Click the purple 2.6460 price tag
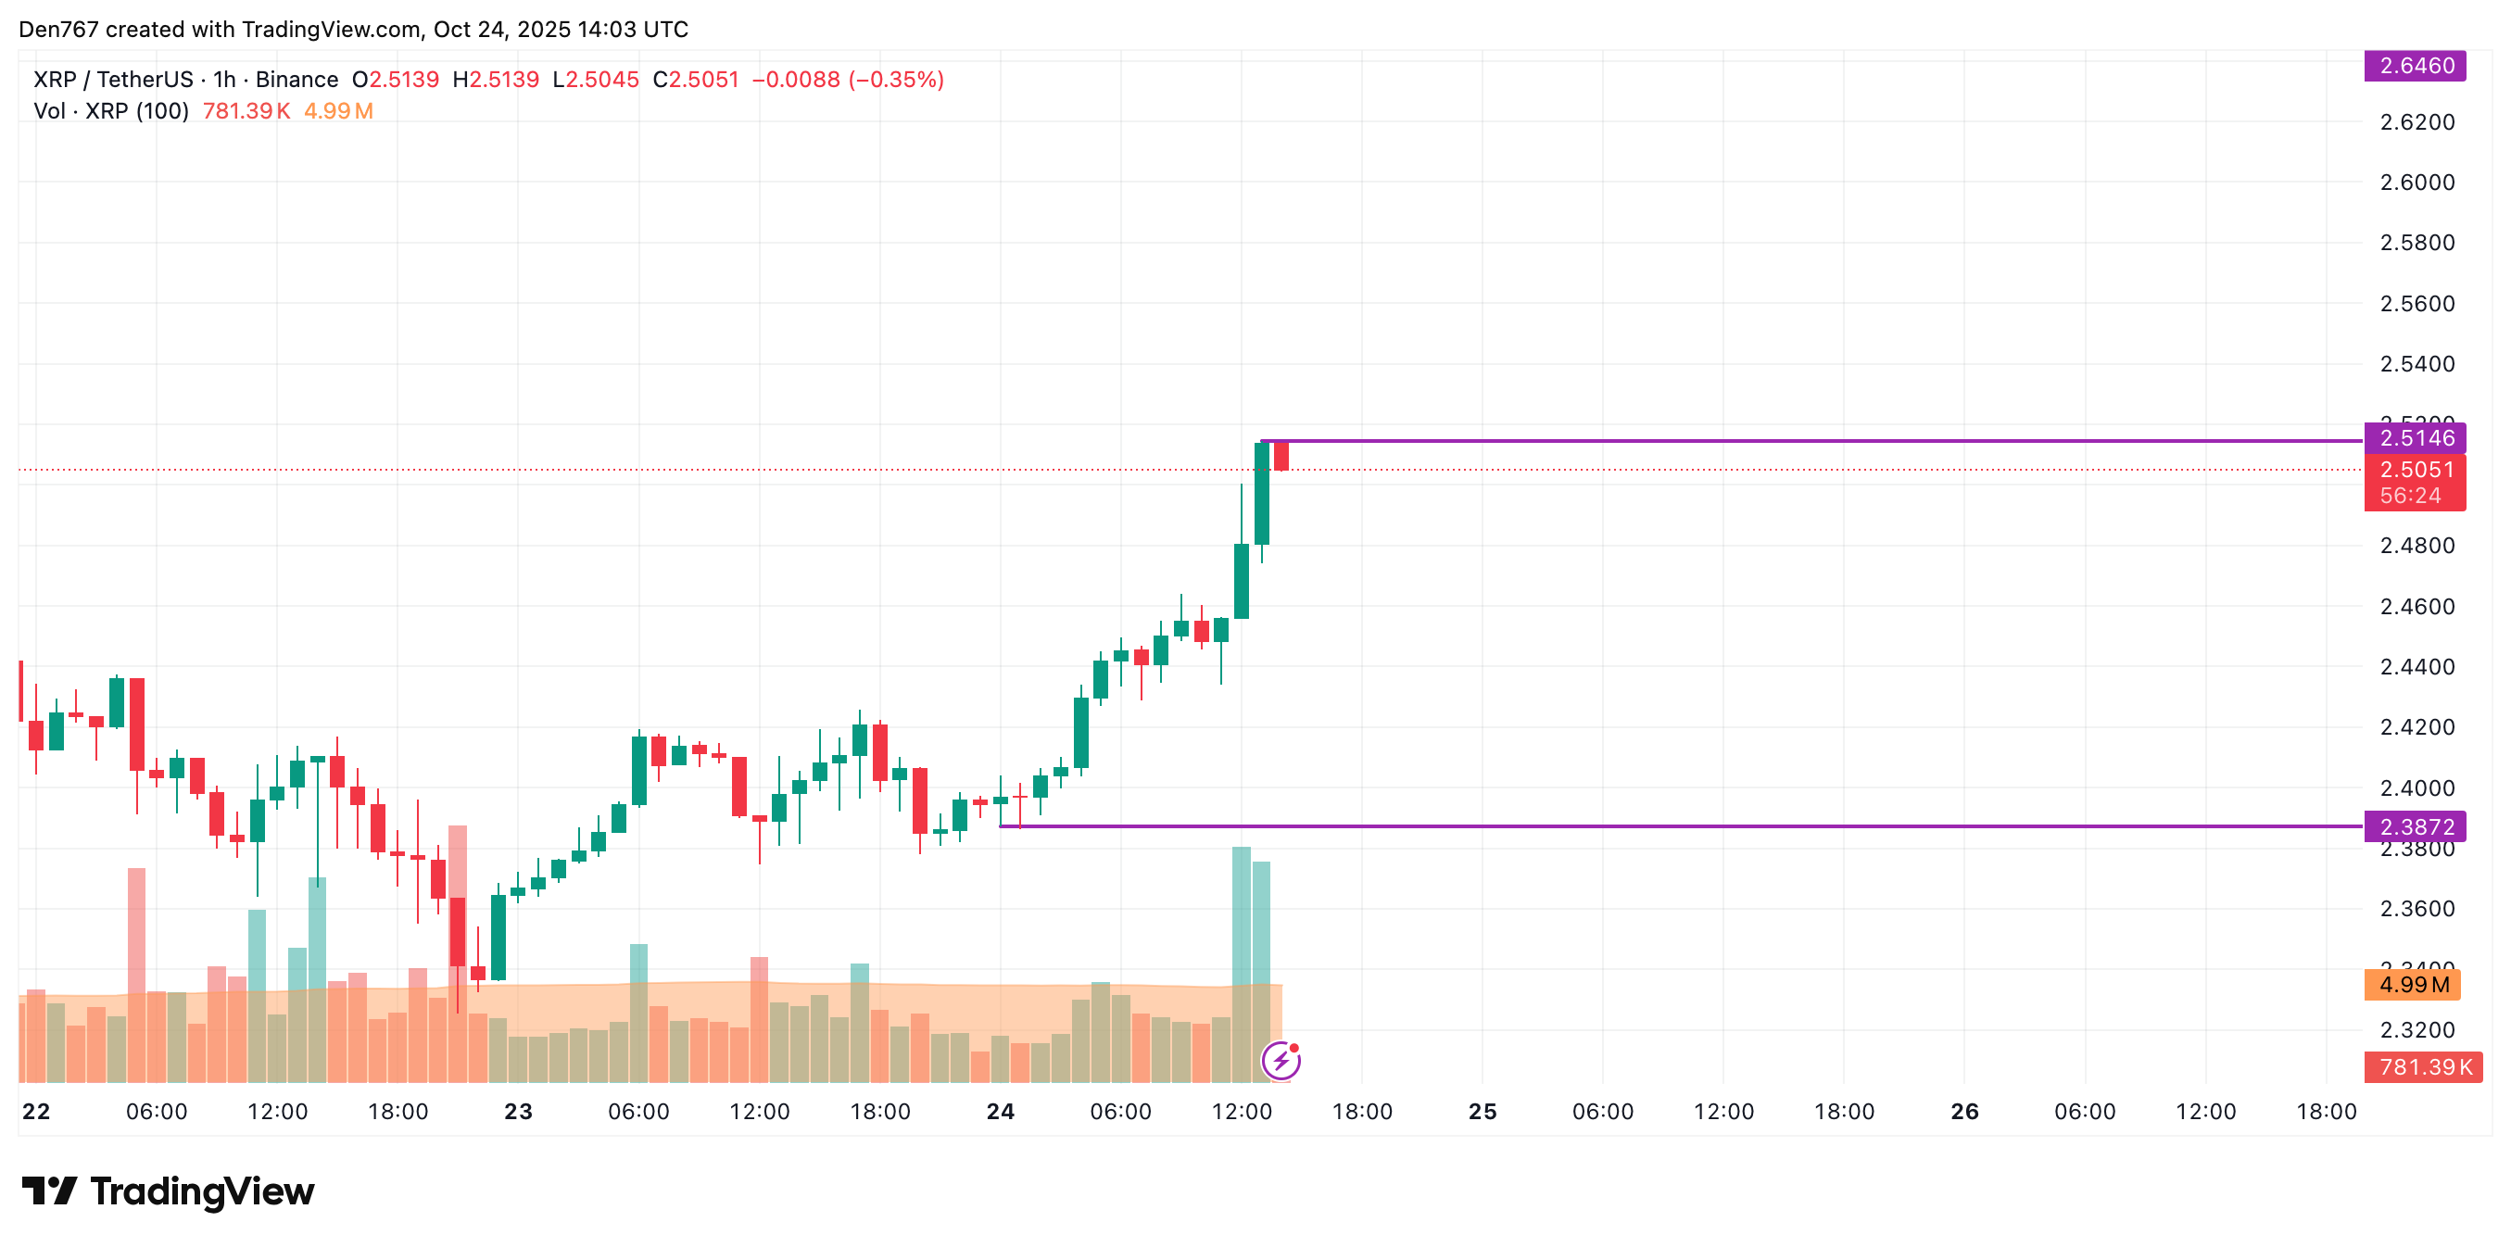coord(2415,66)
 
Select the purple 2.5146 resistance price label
coord(2415,438)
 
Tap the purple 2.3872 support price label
coord(2415,826)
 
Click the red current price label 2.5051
coord(2415,470)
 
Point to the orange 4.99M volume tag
coord(2413,985)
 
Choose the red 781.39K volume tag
coord(2423,1066)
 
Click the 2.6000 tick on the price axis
coord(2416,183)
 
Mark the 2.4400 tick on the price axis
coord(2416,667)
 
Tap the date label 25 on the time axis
coord(1482,1112)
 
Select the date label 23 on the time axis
coord(519,1112)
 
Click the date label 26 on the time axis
coord(1964,1112)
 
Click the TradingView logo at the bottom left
coord(169,1191)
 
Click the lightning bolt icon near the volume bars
coord(1281,1061)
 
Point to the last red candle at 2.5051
coord(1281,457)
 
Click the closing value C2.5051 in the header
coord(696,80)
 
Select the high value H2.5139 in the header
coord(495,80)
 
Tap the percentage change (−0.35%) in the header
coord(896,80)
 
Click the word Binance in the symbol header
coord(297,80)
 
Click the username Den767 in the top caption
coord(58,30)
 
